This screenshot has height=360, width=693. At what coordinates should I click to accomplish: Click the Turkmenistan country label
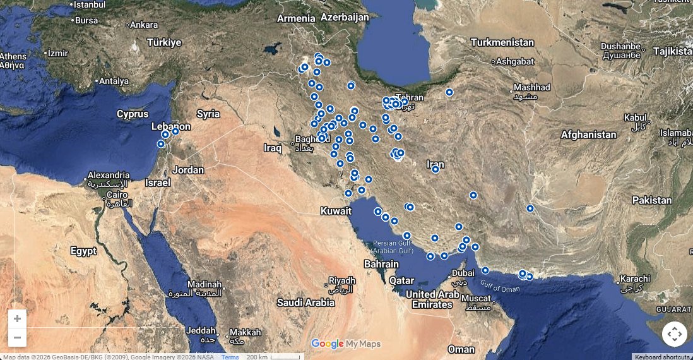click(502, 42)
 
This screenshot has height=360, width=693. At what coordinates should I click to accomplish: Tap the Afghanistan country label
click(588, 135)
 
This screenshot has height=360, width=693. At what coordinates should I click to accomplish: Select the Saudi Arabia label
click(305, 303)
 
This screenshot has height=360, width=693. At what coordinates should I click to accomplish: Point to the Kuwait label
click(336, 210)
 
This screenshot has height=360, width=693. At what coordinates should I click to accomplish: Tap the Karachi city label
click(634, 279)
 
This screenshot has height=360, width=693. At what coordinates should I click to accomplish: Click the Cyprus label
click(133, 114)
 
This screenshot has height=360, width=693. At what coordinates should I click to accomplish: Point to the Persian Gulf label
click(393, 246)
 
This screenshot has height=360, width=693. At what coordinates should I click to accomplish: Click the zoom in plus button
click(17, 319)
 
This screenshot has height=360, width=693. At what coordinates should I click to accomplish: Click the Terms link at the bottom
click(230, 357)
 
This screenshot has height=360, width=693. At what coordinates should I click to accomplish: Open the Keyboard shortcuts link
click(662, 357)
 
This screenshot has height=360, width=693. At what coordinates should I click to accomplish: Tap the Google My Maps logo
click(346, 344)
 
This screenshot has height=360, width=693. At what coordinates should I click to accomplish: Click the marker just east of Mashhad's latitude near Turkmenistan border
click(449, 92)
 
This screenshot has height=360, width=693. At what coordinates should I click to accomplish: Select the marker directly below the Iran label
click(435, 169)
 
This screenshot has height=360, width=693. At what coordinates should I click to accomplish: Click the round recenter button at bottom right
click(674, 334)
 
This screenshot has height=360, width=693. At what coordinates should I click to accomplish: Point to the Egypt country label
click(83, 251)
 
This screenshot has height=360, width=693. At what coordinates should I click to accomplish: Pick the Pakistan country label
click(652, 200)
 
